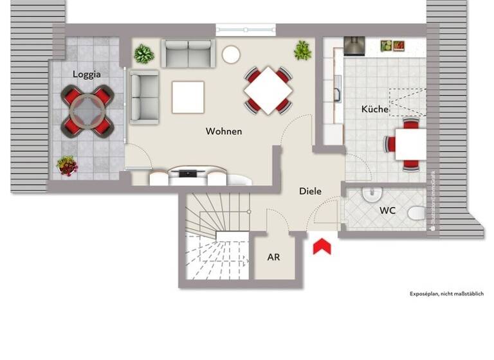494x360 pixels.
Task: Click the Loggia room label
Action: (87, 74)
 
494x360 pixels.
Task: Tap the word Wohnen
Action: (224, 131)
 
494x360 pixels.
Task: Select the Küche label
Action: (374, 109)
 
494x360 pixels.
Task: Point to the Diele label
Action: (310, 191)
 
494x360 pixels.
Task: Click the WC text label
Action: (387, 210)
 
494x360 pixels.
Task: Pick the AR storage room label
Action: (273, 257)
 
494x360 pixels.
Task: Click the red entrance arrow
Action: (322, 246)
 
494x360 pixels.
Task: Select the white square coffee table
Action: (188, 97)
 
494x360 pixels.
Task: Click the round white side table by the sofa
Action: (231, 55)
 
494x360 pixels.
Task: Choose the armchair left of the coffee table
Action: (144, 97)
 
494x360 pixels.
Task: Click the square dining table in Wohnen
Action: (268, 90)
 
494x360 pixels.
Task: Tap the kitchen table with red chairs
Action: (409, 144)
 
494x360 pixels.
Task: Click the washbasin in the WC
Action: (369, 194)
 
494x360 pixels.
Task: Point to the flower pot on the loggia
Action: (67, 166)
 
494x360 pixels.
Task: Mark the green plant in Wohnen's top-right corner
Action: (302, 50)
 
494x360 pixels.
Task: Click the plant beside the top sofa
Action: (144, 53)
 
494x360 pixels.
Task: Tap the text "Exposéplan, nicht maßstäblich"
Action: (446, 294)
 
